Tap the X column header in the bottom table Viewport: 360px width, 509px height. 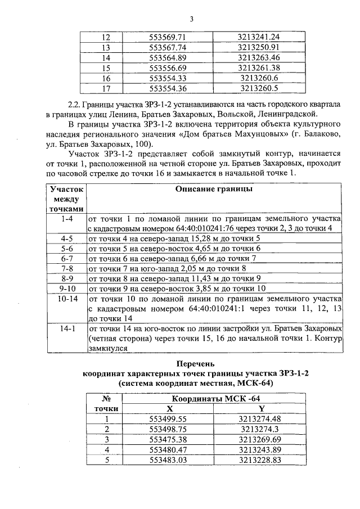pos(169,408)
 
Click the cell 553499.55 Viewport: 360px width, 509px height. pos(169,418)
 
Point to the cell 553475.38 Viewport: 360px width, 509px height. pos(169,439)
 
